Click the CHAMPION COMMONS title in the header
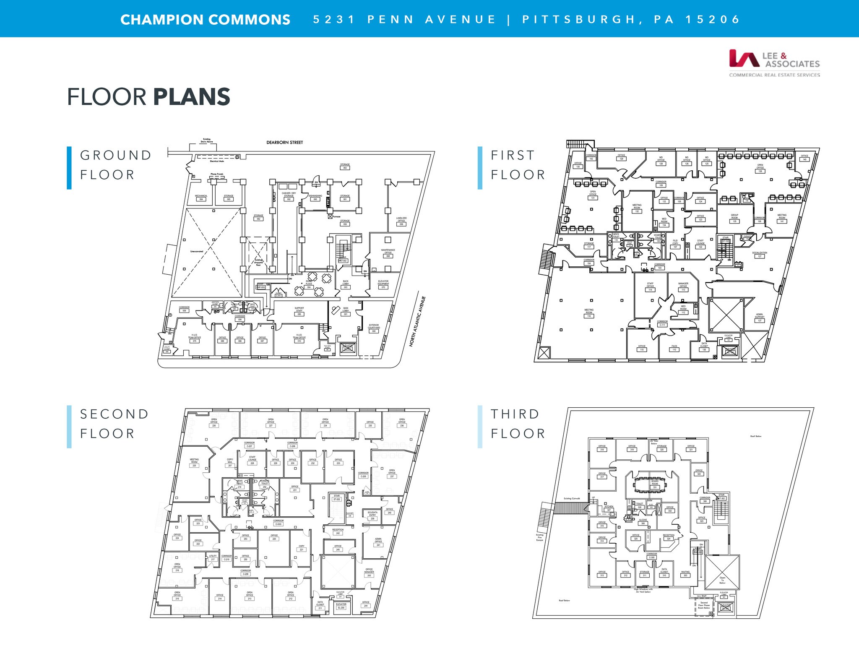tap(205, 20)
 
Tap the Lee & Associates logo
tap(774, 63)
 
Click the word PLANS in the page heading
tap(191, 97)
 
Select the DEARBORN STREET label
tap(284, 143)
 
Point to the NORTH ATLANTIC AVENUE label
tap(417, 321)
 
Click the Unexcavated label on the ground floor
tap(196, 251)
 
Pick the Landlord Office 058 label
tap(401, 221)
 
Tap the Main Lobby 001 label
tap(346, 311)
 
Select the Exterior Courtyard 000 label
tap(374, 328)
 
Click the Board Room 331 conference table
tap(650, 484)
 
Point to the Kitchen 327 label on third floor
tap(609, 508)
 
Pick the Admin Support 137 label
tap(759, 317)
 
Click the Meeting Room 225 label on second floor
tap(194, 462)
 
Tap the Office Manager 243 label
tap(369, 572)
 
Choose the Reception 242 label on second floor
tap(338, 531)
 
